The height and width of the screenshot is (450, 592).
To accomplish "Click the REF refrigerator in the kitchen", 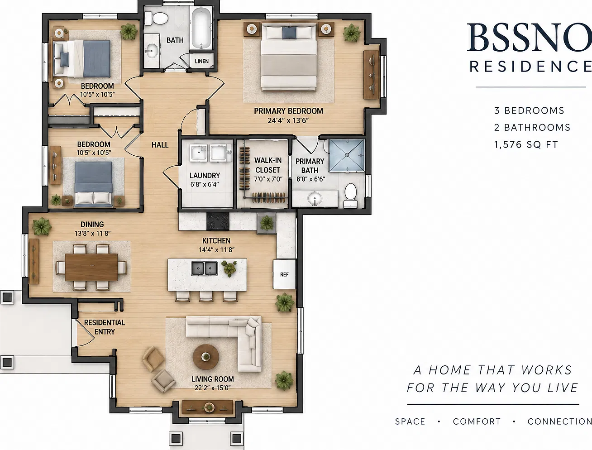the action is click(x=284, y=274).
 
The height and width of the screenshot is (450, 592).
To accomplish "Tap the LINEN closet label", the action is click(x=202, y=61).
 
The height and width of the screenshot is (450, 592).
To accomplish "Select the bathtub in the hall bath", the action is click(x=201, y=28).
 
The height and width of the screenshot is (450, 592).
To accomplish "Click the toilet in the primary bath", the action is click(x=351, y=195).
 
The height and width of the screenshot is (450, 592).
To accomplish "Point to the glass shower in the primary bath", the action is click(x=347, y=155).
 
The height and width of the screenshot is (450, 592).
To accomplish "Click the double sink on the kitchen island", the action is click(x=205, y=269).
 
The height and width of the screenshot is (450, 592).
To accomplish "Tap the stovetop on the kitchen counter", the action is click(x=218, y=221).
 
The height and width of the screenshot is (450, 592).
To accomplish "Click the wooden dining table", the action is click(x=91, y=267).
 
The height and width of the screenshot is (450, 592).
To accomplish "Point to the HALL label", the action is click(x=160, y=145).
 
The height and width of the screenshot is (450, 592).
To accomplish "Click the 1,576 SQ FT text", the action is click(x=526, y=144).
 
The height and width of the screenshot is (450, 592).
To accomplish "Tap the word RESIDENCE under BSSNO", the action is click(x=530, y=67).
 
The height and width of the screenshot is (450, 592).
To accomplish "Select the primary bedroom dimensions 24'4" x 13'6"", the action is click(x=288, y=120).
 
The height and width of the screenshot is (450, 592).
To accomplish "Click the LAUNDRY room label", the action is click(x=205, y=176).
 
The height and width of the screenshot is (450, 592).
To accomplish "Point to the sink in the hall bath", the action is click(x=152, y=50).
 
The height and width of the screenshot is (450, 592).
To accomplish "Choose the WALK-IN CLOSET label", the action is click(x=268, y=165).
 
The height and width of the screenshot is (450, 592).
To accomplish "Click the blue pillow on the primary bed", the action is click(x=289, y=33).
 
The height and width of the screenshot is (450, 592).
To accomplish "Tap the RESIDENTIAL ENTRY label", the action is click(x=105, y=327).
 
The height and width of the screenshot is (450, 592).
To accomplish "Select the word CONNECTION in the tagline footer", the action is click(x=559, y=421).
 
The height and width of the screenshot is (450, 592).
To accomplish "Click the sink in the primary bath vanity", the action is click(x=315, y=199).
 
